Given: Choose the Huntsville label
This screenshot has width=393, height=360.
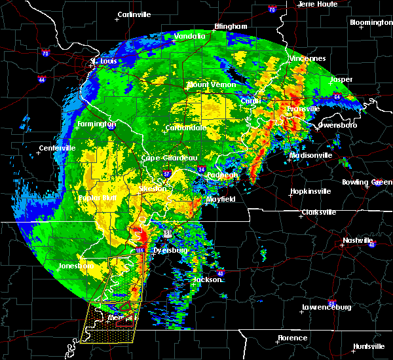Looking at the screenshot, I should (x=368, y=346).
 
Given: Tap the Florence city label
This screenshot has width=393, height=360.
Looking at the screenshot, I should (x=291, y=338).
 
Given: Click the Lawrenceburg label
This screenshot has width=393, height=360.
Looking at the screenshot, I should (x=327, y=307).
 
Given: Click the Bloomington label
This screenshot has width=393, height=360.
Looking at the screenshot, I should (x=371, y=22).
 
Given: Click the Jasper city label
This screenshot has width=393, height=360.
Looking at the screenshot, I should (x=341, y=80).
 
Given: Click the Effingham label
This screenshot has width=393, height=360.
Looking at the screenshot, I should (x=231, y=27).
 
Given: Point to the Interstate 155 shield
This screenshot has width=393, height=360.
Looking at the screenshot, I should (x=140, y=251).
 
